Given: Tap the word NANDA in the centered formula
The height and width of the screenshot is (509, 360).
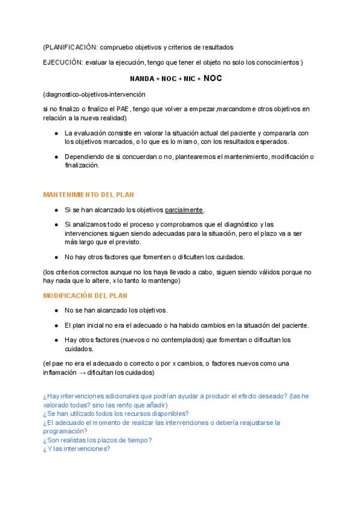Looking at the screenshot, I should tap(142, 79).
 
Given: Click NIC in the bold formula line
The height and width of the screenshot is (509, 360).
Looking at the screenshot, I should tap(188, 79).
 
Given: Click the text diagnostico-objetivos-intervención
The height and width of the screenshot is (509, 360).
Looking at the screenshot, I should tap(94, 94).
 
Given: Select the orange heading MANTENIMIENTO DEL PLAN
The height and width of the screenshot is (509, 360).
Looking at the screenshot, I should tap(89, 194).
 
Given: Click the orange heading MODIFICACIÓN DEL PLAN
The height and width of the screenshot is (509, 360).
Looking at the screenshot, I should tap(85, 296).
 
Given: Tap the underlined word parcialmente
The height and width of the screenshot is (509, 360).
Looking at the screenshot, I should tap(184, 210).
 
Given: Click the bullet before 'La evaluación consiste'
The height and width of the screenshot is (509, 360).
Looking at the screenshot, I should tap(56, 133).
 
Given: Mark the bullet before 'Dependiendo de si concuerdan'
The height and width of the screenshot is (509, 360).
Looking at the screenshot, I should tap(56, 157).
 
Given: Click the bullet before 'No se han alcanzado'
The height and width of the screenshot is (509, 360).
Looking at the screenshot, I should tap(56, 310).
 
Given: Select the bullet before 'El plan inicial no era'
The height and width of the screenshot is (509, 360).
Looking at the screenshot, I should tap(56, 325).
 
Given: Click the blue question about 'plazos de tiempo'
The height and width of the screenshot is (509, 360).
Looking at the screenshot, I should tap(97, 439).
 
